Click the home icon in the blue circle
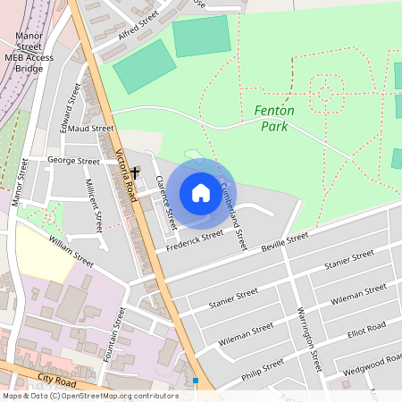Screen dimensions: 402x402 tap(200, 193)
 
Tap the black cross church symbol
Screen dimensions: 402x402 tap(135, 171)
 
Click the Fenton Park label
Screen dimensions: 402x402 tap(274, 118)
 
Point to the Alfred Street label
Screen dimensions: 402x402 tap(138, 27)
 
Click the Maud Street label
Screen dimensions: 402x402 tap(91, 128)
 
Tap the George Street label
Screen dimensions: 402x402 tap(73, 162)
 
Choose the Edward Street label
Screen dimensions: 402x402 tap(70, 114)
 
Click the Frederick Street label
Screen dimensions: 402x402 tap(194, 240)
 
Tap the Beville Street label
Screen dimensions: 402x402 tap(284, 240)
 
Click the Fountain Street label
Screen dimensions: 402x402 tap(114, 334)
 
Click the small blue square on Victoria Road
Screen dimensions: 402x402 tap(196, 380)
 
